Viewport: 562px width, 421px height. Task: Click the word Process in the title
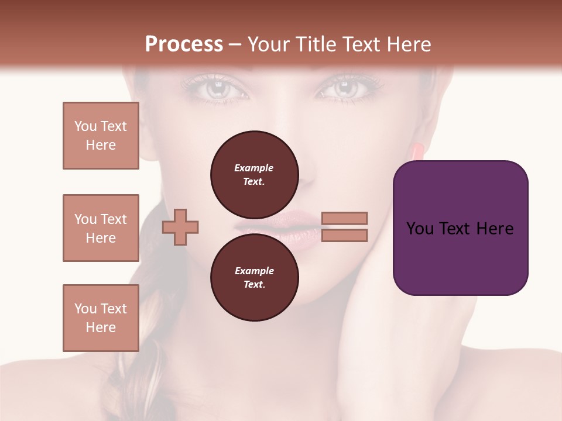point(184,44)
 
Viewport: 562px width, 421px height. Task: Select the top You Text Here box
point(101,136)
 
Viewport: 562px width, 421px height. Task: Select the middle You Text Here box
point(101,228)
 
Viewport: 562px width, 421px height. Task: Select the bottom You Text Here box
point(101,318)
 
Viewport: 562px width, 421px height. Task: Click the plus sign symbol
point(180,226)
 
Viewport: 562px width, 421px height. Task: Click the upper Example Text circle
point(254,174)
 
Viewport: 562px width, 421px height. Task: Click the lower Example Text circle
point(254,278)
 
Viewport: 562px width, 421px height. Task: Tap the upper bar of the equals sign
point(344,218)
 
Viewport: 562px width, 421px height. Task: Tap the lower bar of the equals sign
point(344,235)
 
